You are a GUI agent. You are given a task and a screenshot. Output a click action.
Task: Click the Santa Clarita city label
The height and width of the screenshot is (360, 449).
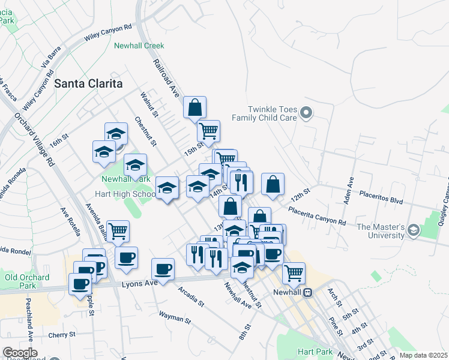[x=88, y=83]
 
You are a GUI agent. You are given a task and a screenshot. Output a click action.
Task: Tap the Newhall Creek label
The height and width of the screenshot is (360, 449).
[x=139, y=46]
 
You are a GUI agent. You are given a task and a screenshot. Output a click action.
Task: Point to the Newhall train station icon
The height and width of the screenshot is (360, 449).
[x=307, y=292]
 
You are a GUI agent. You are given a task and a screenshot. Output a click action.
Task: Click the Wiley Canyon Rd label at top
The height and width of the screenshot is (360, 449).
[x=108, y=32]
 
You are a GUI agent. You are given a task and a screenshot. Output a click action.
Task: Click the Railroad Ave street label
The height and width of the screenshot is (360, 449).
[x=166, y=79]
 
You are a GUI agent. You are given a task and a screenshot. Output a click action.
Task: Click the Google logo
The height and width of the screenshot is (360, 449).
[x=20, y=353]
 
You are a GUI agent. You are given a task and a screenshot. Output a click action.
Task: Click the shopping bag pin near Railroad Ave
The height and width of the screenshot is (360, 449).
[x=194, y=108]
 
